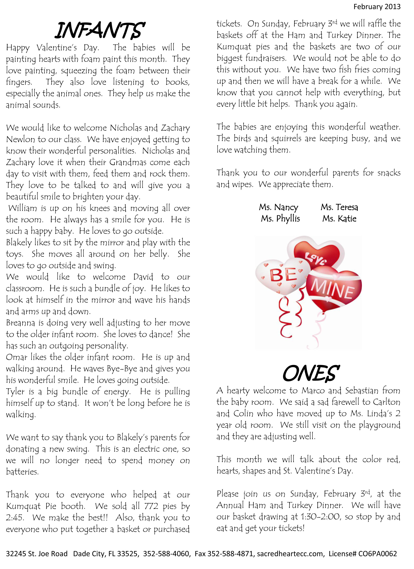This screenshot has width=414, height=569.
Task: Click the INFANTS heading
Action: click(x=100, y=31)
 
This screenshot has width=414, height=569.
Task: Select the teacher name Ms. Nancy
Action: click(x=278, y=208)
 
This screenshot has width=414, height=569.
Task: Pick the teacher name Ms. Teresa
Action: click(x=339, y=207)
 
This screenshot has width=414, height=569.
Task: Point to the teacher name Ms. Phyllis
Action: click(x=280, y=219)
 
